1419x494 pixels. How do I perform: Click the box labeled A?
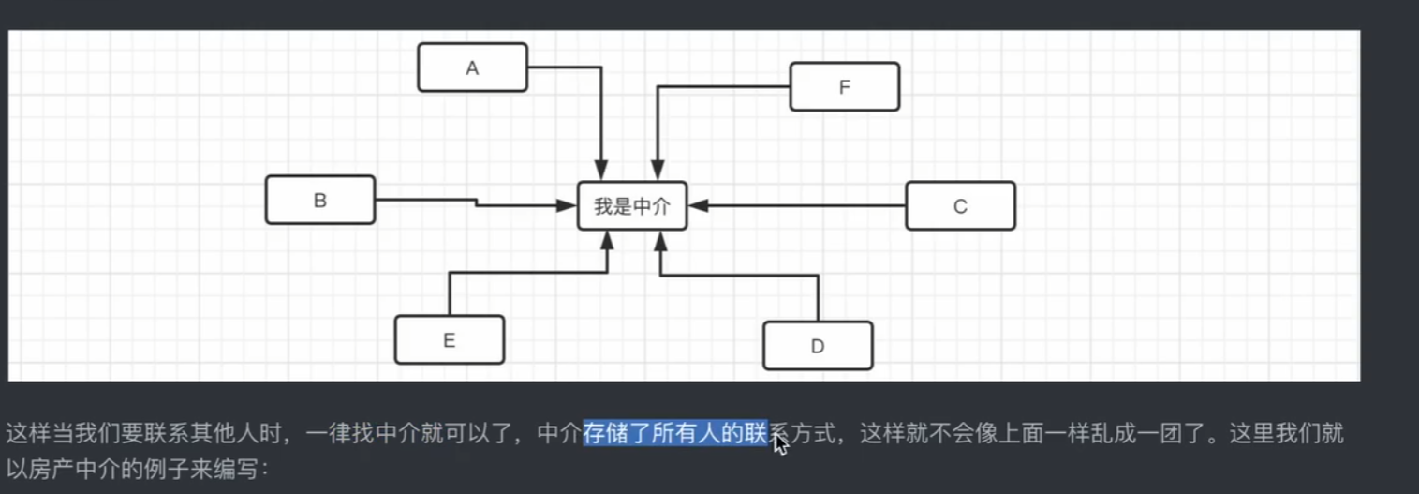pos(472,67)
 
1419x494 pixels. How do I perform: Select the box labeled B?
pos(319,200)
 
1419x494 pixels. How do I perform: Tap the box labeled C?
pos(960,206)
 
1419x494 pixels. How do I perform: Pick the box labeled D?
pos(818,346)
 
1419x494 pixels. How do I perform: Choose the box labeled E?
pos(449,340)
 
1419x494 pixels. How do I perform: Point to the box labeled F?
pos(844,87)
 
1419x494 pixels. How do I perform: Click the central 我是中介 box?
pos(632,206)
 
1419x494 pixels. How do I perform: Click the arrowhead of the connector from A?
pos(600,171)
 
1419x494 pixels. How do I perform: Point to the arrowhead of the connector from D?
pos(660,241)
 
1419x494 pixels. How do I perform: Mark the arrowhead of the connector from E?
pos(607,241)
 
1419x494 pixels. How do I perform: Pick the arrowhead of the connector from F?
pos(658,171)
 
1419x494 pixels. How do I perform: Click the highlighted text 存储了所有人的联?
pos(674,434)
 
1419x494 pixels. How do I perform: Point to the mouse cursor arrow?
pos(779,442)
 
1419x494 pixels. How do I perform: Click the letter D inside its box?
pos(818,347)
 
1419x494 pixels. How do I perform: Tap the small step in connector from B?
pos(477,202)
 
